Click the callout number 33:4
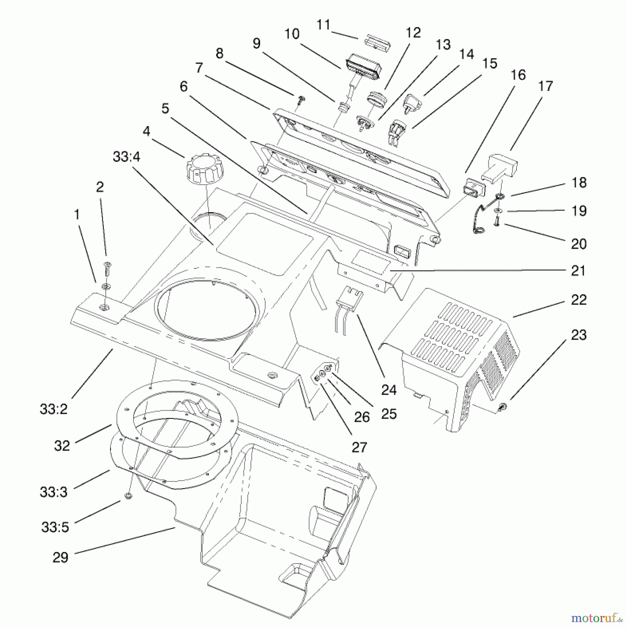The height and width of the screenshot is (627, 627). [x=126, y=157]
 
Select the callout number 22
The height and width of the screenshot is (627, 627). [x=579, y=300]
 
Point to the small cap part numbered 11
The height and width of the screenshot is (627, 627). [x=377, y=44]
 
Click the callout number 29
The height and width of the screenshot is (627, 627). [x=60, y=558]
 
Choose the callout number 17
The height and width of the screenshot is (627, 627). [x=545, y=86]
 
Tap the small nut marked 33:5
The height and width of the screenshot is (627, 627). [x=127, y=496]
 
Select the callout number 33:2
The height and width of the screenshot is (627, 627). [x=53, y=409]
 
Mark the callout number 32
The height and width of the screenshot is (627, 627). [x=62, y=446]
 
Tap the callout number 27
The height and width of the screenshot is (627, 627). [x=359, y=447]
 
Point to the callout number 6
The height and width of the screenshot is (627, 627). [x=184, y=86]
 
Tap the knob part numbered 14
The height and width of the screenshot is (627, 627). [x=412, y=103]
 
